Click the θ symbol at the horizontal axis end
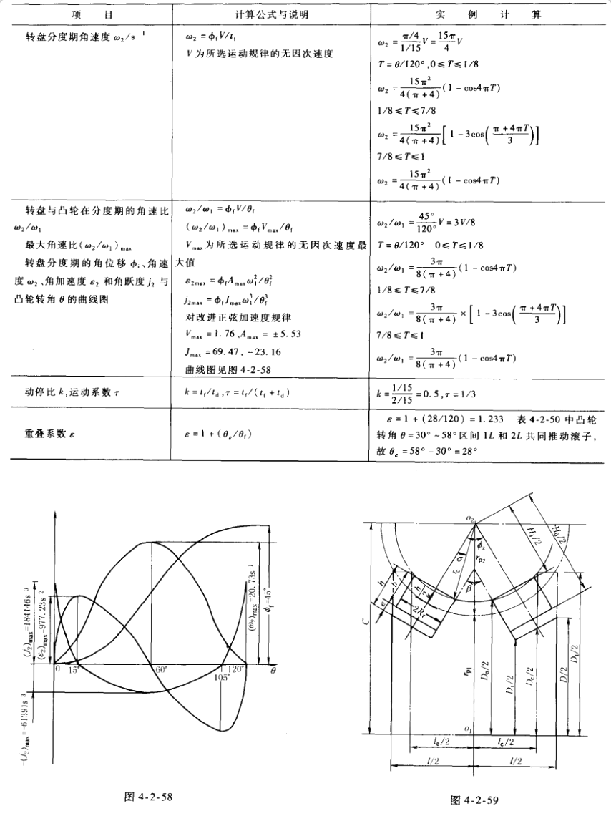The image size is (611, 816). click(x=272, y=672)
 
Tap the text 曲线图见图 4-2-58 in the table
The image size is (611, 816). click(x=223, y=369)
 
